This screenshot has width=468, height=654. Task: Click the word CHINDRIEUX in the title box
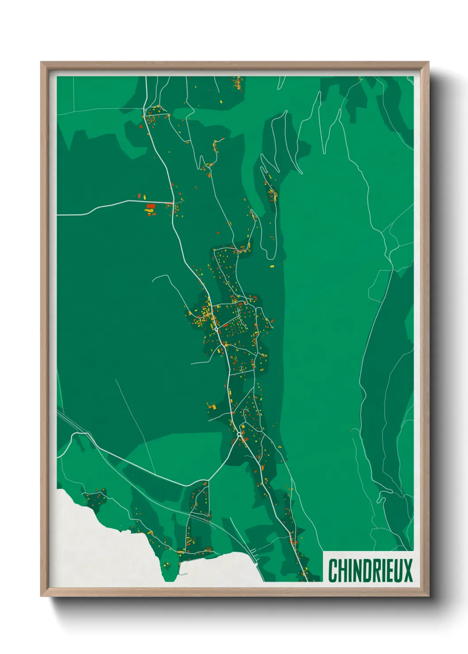pos(370,570)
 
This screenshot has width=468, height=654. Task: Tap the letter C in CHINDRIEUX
pos(332,570)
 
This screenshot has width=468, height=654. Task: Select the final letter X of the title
pos(408,570)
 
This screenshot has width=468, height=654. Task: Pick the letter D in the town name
pos(365,570)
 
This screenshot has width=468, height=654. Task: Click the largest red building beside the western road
pos(151,206)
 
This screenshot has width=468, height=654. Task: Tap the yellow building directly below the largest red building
pos(150,210)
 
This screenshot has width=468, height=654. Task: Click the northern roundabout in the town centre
pos(216,329)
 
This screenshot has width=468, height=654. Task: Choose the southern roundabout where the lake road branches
pos(239,435)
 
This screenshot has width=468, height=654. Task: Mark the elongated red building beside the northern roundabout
pos(225,326)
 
